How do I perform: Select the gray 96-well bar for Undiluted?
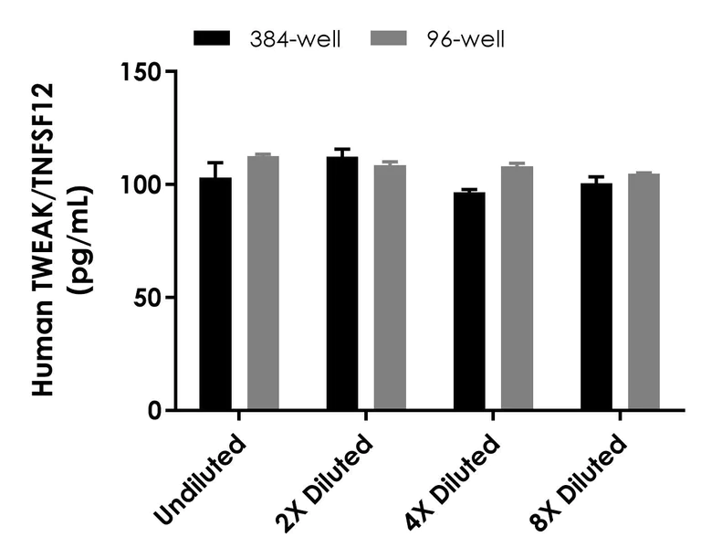click(x=263, y=283)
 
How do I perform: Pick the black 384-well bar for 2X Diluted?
click(x=342, y=283)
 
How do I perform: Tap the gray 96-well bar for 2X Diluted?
click(x=389, y=287)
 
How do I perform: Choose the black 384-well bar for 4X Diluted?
click(x=469, y=301)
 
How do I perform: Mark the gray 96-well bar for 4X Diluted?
click(x=516, y=288)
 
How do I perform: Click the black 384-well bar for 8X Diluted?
click(x=596, y=297)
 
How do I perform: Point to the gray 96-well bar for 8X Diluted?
click(x=643, y=291)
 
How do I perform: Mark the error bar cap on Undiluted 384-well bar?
click(x=216, y=163)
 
